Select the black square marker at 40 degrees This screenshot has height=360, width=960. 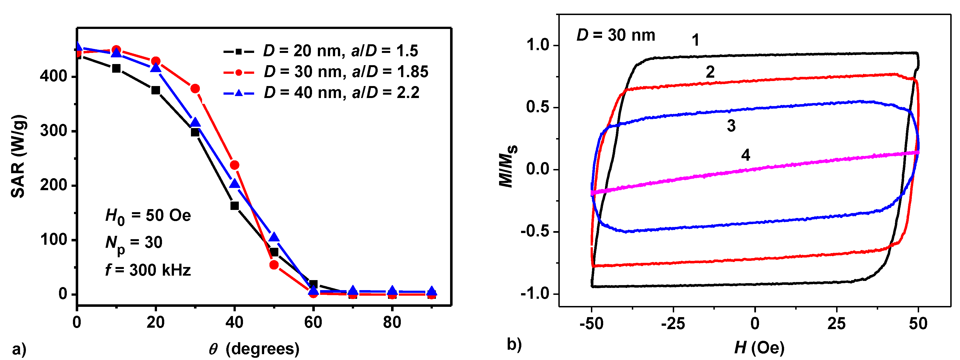point(234,206)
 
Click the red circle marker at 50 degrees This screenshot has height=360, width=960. point(274,265)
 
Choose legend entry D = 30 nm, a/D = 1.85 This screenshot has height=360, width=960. point(326,72)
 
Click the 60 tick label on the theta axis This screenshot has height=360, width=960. point(313,322)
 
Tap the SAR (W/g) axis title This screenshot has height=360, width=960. point(18,156)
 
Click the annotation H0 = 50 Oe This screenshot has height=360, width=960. point(148,216)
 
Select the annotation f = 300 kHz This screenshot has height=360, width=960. point(148,270)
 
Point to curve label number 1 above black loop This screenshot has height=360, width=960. point(695,40)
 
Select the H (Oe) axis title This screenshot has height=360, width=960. point(759,348)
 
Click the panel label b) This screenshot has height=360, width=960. point(514,344)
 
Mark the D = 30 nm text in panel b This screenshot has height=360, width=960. point(616,35)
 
